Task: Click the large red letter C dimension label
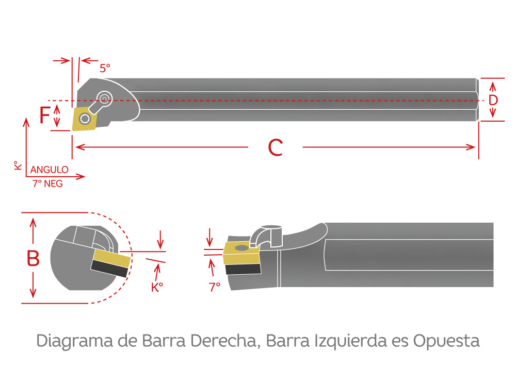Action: tap(276, 148)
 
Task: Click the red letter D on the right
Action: tap(493, 100)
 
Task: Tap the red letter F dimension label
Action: tap(45, 115)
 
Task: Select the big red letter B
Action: tap(33, 258)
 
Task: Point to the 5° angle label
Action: tap(105, 68)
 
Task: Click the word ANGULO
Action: tap(50, 170)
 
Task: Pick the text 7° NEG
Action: tap(47, 183)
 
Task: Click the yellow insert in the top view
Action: tap(83, 119)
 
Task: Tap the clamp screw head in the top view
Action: tap(105, 97)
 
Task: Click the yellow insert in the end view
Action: tap(110, 258)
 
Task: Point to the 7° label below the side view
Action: tap(215, 287)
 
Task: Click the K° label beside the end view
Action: tap(157, 288)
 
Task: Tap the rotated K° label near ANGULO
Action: tap(18, 165)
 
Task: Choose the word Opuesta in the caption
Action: tap(447, 341)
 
